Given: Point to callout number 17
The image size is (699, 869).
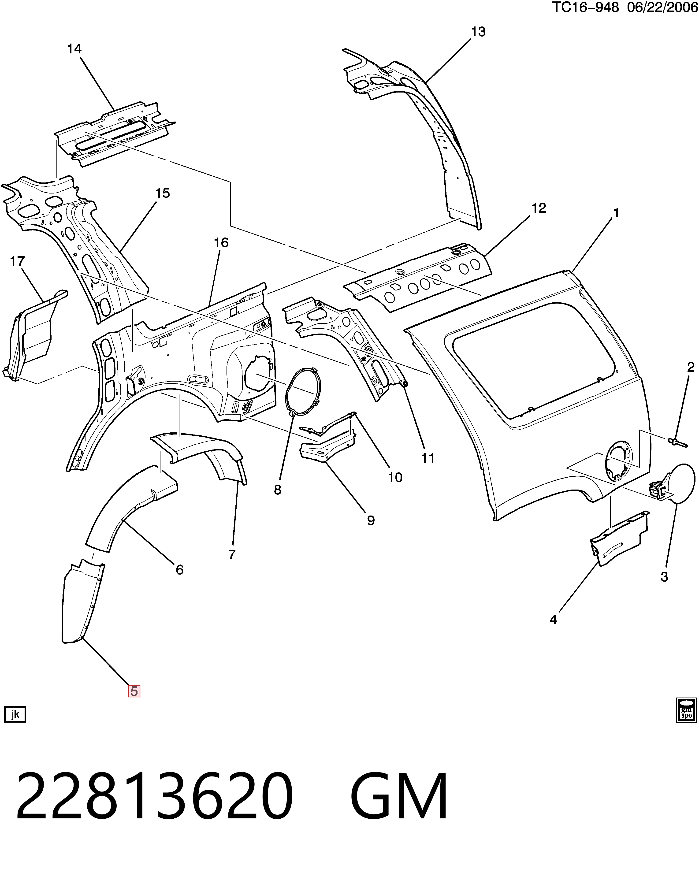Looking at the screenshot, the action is tap(17, 262).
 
